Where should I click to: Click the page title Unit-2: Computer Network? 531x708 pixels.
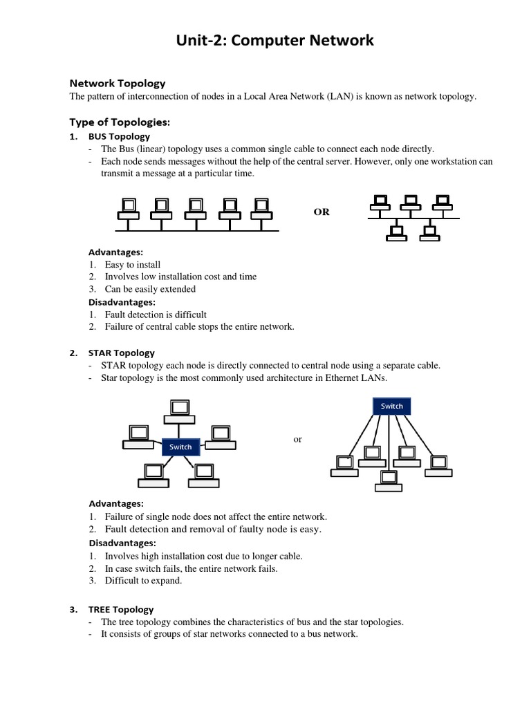(265, 41)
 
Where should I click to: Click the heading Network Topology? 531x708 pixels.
(118, 83)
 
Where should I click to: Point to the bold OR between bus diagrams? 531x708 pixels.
(322, 212)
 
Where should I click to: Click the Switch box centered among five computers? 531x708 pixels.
(180, 447)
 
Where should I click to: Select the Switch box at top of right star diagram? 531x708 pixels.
(391, 406)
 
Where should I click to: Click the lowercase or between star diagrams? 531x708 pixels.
(298, 439)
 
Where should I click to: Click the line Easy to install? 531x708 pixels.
(133, 264)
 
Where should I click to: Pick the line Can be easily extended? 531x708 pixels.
(150, 289)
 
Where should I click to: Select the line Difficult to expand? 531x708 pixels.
(143, 580)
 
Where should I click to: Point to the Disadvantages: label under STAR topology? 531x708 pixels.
(122, 543)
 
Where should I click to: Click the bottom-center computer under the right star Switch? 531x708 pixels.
(389, 480)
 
